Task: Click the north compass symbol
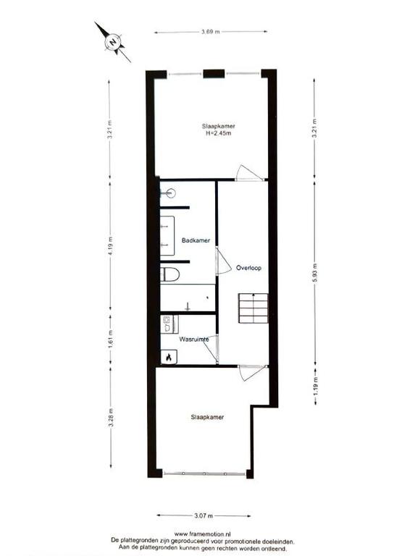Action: pyautogui.click(x=113, y=42)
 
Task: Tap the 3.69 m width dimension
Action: pyautogui.click(x=210, y=32)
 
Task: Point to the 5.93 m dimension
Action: pyautogui.click(x=314, y=273)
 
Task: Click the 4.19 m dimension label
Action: pyautogui.click(x=110, y=245)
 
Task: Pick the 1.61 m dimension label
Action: pyautogui.click(x=110, y=340)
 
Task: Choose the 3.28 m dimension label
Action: pyautogui.click(x=111, y=418)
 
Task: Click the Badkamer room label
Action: pyautogui.click(x=196, y=240)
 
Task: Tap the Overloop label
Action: pyautogui.click(x=248, y=268)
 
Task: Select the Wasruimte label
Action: pyautogui.click(x=193, y=340)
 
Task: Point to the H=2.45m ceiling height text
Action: pyautogui.click(x=219, y=133)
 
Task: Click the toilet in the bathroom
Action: pyautogui.click(x=170, y=274)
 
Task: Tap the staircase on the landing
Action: pyautogui.click(x=253, y=308)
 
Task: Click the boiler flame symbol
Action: pyautogui.click(x=169, y=357)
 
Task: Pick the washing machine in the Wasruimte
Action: pyautogui.click(x=169, y=324)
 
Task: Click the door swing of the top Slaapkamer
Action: pyautogui.click(x=249, y=173)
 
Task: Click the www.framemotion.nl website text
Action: pyautogui.click(x=203, y=534)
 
